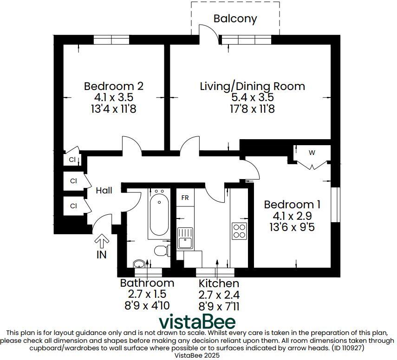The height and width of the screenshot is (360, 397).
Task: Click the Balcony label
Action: click(235, 19)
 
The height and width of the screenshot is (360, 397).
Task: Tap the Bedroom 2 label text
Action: click(113, 86)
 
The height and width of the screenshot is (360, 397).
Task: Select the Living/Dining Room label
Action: click(252, 86)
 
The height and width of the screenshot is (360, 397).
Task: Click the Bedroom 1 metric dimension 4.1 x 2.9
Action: click(293, 216)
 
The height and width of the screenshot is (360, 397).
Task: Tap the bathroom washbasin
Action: click(139, 264)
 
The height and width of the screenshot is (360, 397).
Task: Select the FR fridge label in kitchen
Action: click(185, 198)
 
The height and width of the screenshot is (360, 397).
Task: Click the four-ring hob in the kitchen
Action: click(239, 231)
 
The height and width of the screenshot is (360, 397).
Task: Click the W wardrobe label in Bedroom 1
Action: click(312, 152)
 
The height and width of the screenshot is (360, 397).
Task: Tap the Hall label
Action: click(104, 190)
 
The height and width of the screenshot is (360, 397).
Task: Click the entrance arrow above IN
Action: click(102, 241)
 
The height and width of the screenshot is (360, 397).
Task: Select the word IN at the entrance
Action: click(101, 254)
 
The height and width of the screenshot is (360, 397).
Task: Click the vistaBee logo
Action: click(197, 321)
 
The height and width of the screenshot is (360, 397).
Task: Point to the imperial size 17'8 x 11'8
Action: click(252, 109)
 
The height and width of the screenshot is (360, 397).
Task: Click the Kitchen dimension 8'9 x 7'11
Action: click(219, 306)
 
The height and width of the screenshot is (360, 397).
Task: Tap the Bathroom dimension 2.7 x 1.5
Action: click(147, 294)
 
